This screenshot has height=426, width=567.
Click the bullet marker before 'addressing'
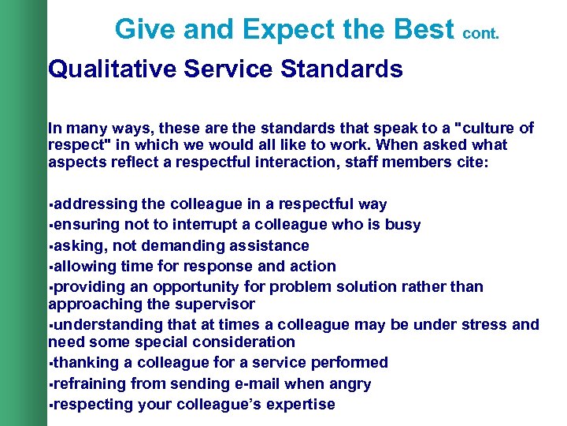[x=51, y=205]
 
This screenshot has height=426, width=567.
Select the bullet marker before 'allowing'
[x=51, y=267]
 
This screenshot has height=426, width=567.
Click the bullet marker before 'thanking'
[x=51, y=364]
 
